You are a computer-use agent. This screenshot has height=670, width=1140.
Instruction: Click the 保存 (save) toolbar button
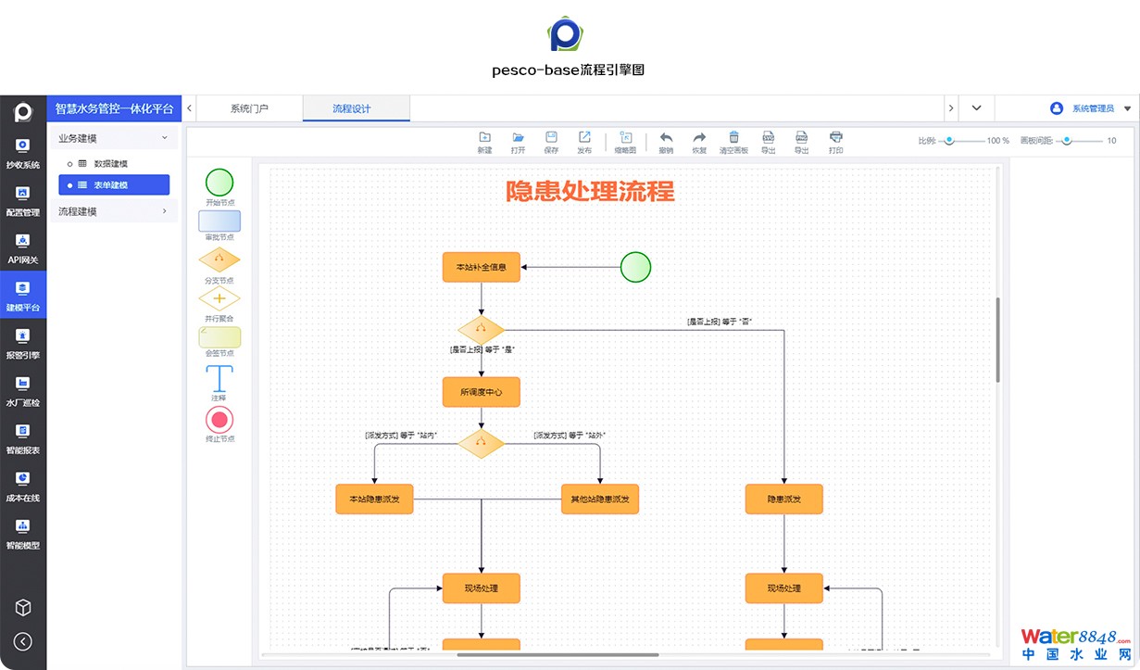click(551, 142)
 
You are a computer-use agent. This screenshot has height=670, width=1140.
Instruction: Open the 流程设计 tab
click(352, 108)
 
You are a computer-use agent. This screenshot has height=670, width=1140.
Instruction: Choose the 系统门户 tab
click(249, 108)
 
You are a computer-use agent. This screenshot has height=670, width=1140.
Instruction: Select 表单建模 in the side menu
click(114, 185)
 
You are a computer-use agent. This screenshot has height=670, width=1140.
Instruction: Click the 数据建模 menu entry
click(110, 164)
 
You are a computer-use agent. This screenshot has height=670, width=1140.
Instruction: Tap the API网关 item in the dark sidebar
click(23, 248)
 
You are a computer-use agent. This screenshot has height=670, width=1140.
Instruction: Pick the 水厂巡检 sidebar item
click(23, 390)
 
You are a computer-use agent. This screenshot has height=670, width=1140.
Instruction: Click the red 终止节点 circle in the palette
click(219, 419)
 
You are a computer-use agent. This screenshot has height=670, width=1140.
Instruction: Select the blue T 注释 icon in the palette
click(219, 379)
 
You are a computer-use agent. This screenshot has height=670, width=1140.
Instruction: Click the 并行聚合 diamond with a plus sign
click(219, 298)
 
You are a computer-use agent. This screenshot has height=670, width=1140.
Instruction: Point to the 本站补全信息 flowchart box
click(482, 268)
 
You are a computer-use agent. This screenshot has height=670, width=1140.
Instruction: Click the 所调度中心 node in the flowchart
click(482, 392)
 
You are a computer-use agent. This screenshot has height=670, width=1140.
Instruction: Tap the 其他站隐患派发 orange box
click(600, 499)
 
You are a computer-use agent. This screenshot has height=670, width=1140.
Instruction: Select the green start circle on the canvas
click(635, 267)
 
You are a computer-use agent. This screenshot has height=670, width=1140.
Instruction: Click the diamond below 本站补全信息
click(482, 329)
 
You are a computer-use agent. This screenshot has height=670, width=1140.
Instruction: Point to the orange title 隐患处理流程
click(590, 192)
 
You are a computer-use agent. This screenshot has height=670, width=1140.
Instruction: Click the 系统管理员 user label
click(1093, 108)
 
